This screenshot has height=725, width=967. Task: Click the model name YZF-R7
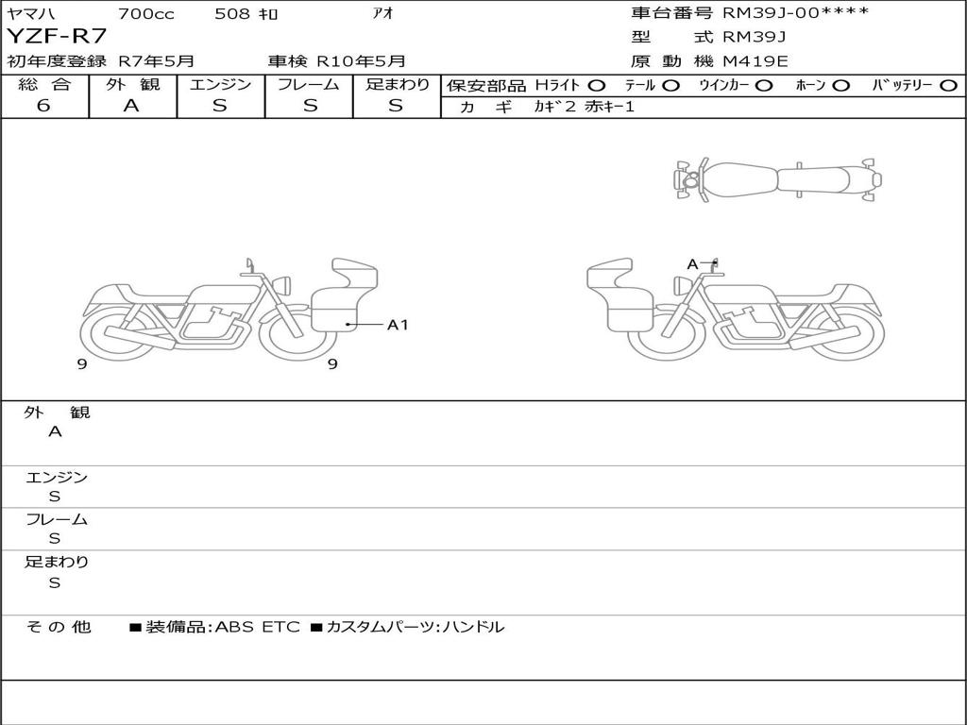coord(57,36)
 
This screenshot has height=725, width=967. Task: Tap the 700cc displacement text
coord(146,13)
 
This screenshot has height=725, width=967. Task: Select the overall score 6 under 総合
coord(43,106)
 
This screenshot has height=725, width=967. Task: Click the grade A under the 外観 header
coord(131,106)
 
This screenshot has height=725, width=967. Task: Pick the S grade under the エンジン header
coord(220,106)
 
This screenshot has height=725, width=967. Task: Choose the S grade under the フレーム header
coord(310,106)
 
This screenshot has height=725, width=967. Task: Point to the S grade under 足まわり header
coord(396,106)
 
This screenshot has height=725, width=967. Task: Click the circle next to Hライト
coord(597,86)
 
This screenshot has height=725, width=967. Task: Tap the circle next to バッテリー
coord(948,86)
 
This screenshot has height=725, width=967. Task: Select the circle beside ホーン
coord(840,86)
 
